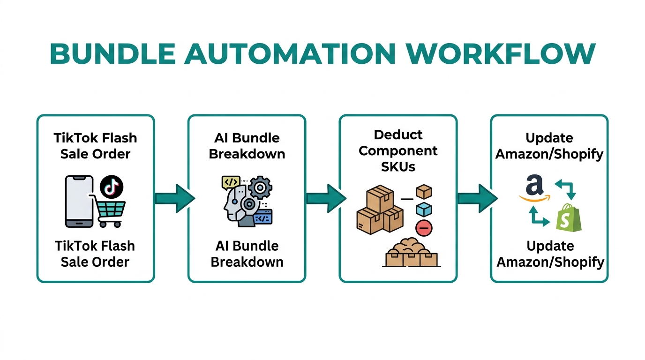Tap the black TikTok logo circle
112,187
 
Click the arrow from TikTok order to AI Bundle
174,198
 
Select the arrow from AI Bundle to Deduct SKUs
325,198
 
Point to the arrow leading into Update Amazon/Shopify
477,198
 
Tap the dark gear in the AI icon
259,188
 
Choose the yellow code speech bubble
231,181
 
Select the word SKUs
398,166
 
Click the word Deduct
398,135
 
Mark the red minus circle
424,228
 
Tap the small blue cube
424,210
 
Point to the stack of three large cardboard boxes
379,210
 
